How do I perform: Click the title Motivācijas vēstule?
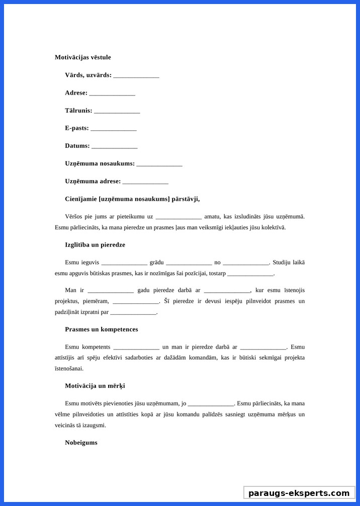point(82,57)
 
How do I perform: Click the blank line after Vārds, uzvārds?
point(136,76)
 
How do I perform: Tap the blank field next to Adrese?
point(112,94)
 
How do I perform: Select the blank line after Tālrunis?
point(117,111)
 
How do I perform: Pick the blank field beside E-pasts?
point(114,129)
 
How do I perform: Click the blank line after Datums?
point(115,146)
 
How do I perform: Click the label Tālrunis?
point(78,111)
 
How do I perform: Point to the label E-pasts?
point(76,128)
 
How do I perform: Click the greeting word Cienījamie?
point(81,199)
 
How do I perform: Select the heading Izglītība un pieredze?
point(95,245)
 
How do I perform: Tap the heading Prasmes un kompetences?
point(101,329)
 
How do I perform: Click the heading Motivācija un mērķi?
point(95,386)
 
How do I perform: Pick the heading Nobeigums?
point(81,443)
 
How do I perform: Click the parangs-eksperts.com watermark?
point(299,493)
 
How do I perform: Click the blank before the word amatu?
point(178,217)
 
